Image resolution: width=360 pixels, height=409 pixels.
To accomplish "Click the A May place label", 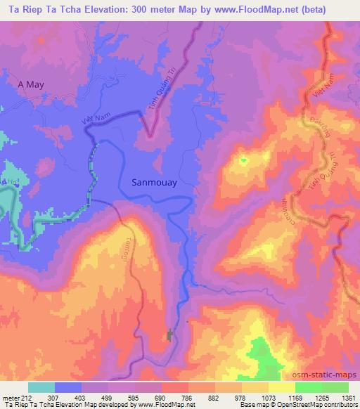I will (x=31, y=84).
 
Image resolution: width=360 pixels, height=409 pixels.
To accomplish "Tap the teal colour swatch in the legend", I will (x=41, y=387).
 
